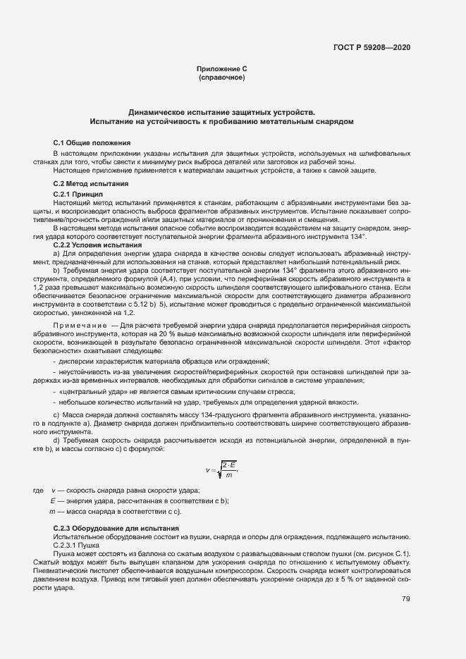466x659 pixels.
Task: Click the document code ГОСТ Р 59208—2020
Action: coord(372,47)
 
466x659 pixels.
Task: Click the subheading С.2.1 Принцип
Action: coord(78,192)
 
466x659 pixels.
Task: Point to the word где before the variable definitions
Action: coord(38,491)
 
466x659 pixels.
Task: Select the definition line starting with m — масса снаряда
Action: coord(115,511)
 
